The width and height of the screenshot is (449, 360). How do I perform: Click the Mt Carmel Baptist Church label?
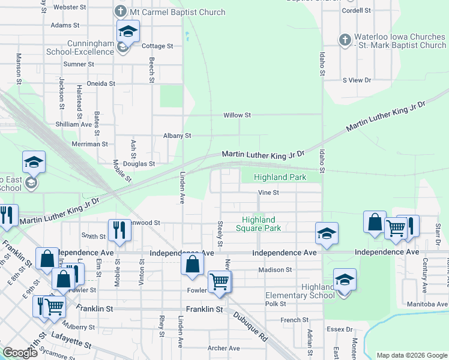pos(178,12)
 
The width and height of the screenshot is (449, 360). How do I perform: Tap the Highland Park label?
pos(280,177)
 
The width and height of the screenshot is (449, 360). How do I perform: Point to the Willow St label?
pos(237,115)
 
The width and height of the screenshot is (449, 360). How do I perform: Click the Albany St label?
pos(177,136)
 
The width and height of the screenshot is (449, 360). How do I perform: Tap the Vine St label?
pos(268,193)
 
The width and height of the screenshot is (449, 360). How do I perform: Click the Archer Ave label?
pos(224,348)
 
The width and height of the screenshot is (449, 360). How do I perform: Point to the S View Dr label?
pos(357,80)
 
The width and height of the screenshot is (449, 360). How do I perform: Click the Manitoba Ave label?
pos(426,304)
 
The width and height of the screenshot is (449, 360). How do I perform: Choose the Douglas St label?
pos(139,163)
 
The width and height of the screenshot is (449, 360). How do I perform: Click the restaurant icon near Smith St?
pos(119,229)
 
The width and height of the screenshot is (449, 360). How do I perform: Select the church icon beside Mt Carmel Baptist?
pos(120,12)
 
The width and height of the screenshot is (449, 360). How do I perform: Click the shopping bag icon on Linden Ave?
pos(191,264)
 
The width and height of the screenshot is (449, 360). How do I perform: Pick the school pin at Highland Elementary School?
pos(345,280)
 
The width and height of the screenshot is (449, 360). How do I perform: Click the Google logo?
pos(20,353)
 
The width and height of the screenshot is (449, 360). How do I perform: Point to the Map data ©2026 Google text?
pos(411,355)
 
